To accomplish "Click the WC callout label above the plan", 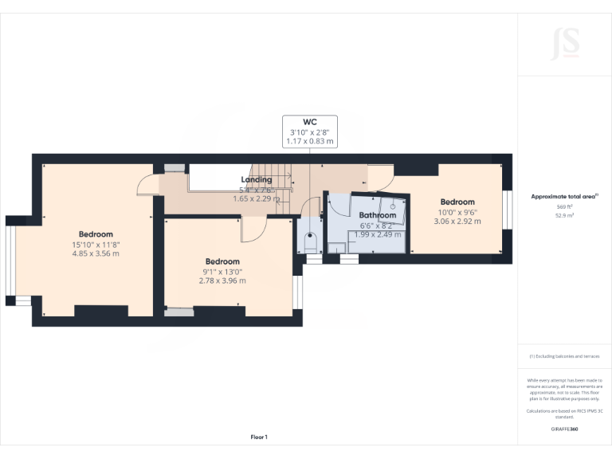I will (309, 122).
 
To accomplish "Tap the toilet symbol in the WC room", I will (312, 241).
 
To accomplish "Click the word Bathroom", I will (377, 215).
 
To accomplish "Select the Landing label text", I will (257, 180).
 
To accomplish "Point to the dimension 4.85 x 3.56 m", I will (96, 254).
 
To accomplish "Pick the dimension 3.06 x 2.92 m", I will (457, 222).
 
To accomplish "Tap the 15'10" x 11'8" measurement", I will (96, 245).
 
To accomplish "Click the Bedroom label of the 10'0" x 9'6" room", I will (457, 202).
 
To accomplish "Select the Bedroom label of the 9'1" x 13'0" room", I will (222, 261).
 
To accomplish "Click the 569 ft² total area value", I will (564, 206).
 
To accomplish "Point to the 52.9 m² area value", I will (564, 215).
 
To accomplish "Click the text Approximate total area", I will (563, 196).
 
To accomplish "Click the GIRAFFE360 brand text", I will (564, 430).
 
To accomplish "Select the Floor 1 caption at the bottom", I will (259, 437).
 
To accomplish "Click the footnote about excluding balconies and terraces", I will (564, 356).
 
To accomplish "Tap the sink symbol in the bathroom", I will (393, 206).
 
